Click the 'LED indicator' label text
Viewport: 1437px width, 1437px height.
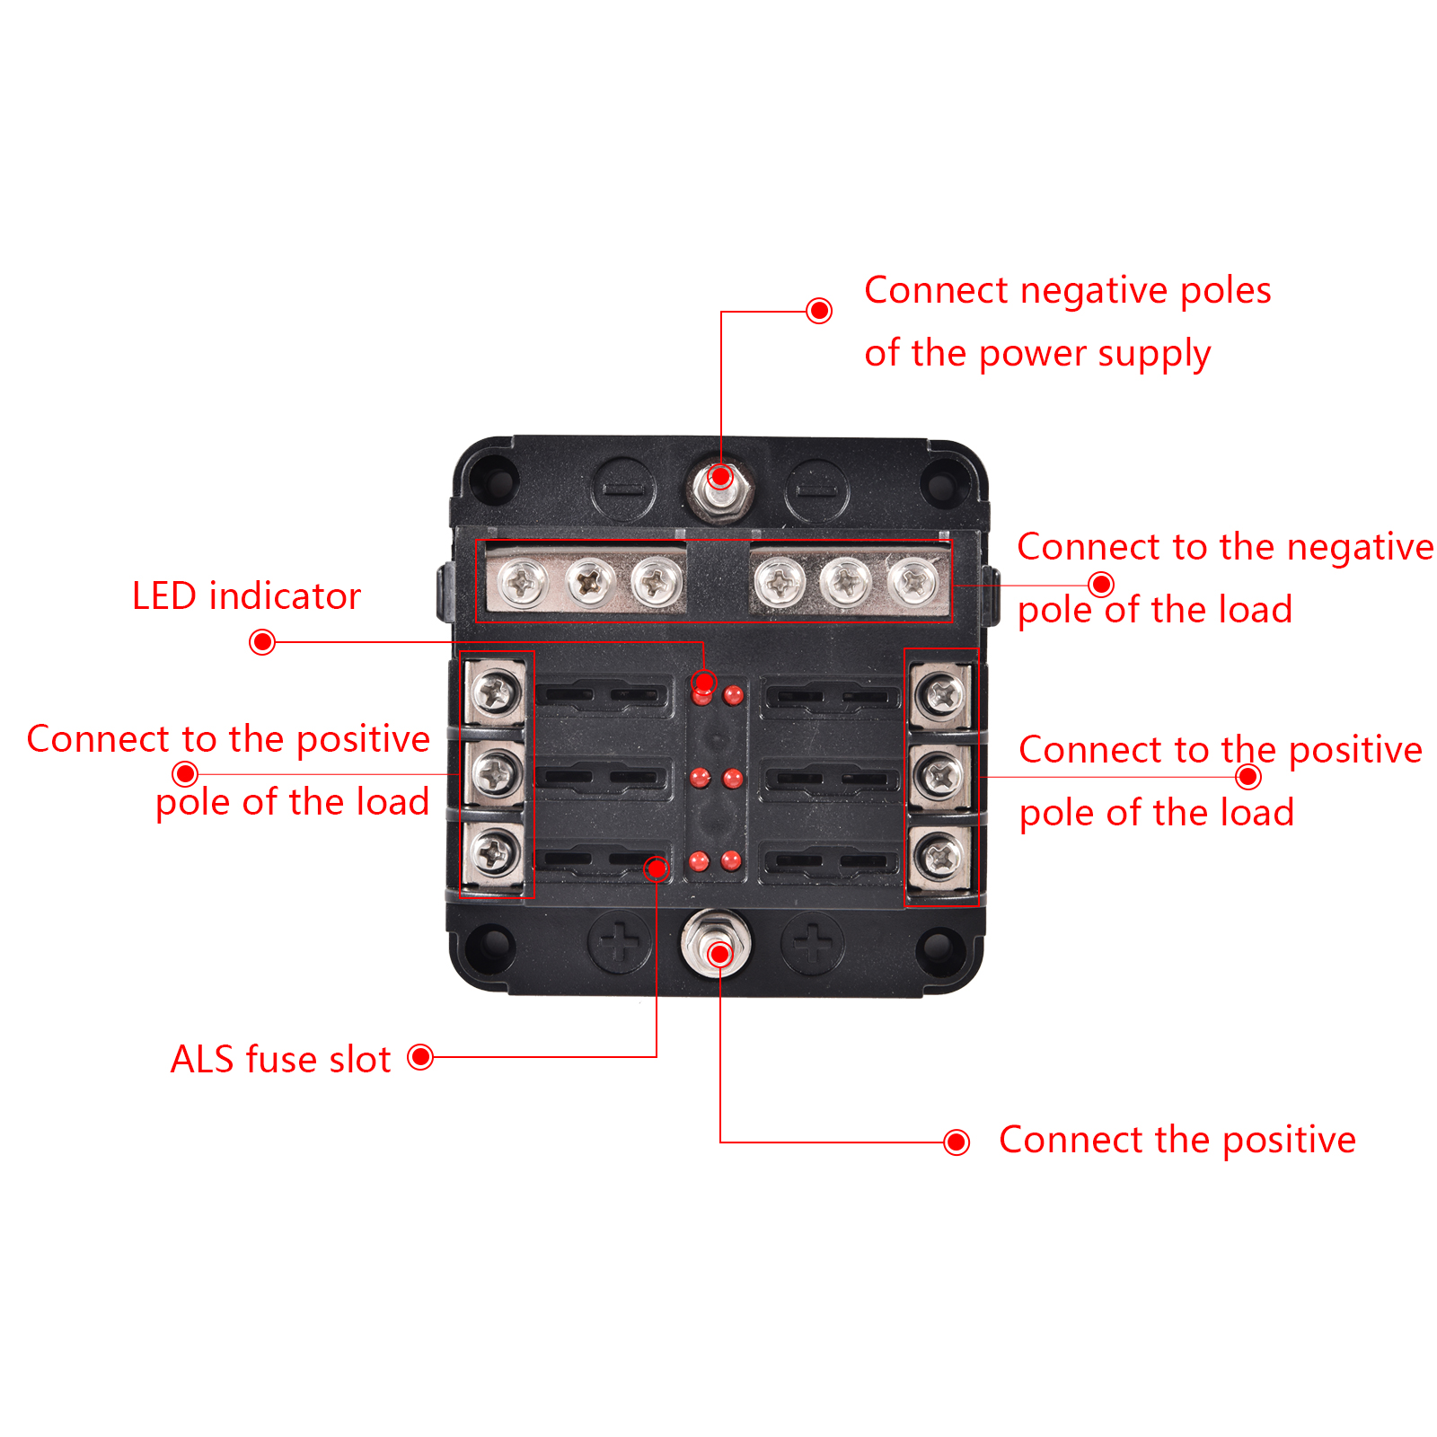pos(246,596)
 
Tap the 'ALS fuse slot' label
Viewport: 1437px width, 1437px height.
pos(280,1060)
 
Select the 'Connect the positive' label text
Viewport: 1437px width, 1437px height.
pos(1177,1140)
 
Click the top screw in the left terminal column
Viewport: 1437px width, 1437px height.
pos(495,692)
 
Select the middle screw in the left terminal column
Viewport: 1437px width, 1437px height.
pos(495,772)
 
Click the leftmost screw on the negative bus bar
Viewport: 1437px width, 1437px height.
pos(523,584)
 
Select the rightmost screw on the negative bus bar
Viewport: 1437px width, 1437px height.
pos(913,581)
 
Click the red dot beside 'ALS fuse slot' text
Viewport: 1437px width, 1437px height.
pos(420,1057)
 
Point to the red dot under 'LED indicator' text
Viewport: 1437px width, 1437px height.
pos(262,642)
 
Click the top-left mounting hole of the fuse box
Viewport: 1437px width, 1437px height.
pos(494,480)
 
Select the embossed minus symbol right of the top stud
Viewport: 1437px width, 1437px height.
pos(815,490)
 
